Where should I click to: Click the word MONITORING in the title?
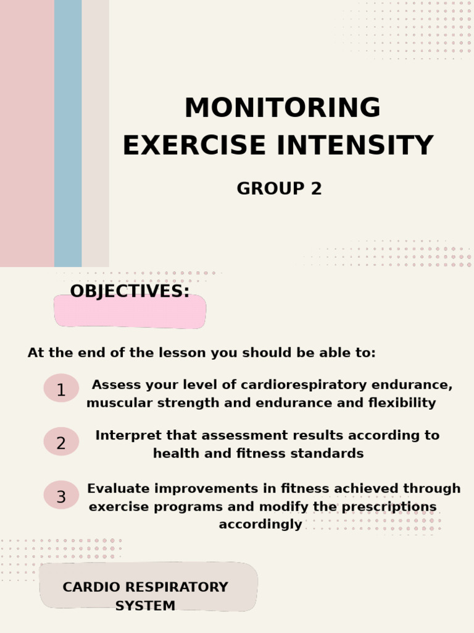point(282,108)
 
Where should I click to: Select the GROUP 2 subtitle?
point(279,189)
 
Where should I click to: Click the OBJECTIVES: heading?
point(130,292)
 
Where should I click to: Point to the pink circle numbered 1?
point(61,389)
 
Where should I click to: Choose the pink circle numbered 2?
point(61,443)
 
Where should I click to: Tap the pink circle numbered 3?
point(61,496)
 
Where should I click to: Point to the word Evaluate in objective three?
point(118,489)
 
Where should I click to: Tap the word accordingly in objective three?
point(260,525)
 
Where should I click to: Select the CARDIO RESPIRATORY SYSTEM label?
point(146,596)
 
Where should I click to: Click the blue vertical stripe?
point(68,133)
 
